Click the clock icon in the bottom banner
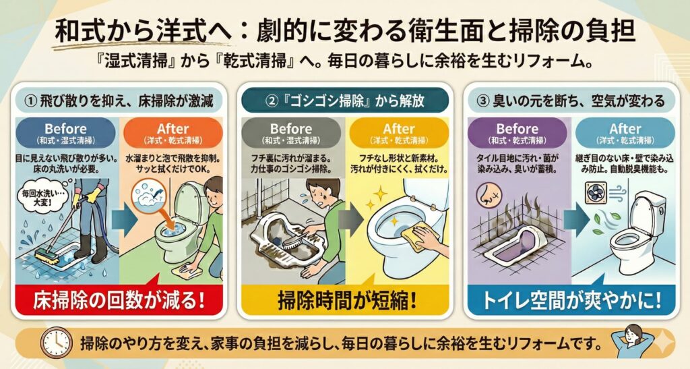56,343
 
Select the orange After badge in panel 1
173,133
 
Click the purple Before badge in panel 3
517,133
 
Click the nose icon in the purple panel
489,196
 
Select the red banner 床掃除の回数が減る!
119,300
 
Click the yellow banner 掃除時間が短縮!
346,300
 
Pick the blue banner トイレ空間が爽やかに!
571,300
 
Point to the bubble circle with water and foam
148,195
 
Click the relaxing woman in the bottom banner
631,342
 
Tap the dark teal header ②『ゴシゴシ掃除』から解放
346,101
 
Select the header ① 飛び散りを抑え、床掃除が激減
119,101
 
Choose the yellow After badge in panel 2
399,133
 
